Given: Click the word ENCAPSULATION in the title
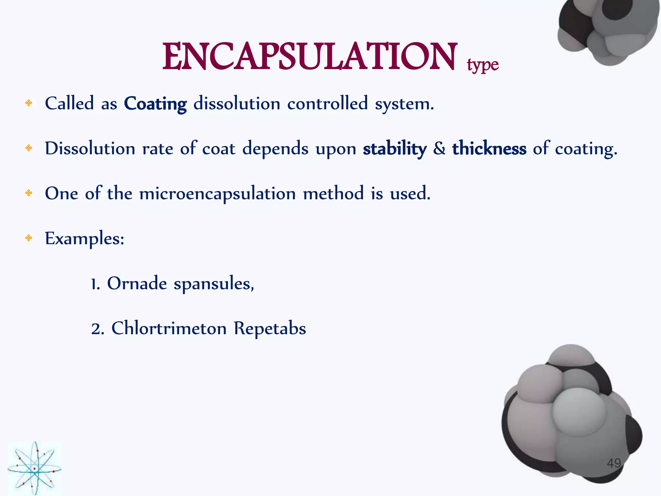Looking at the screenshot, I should tap(310, 57).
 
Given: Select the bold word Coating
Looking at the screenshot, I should tap(155, 104).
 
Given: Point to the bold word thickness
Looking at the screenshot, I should tap(489, 149).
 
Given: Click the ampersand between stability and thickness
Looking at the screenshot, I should tap(439, 149).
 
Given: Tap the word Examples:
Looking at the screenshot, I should tap(85, 239).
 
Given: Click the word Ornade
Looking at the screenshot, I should tap(137, 284).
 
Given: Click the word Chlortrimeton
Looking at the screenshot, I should tap(169, 328).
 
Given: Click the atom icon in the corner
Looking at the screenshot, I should tap(34, 468).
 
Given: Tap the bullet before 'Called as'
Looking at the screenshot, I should tap(29, 103).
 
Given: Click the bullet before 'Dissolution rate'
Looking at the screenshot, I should tap(29, 148).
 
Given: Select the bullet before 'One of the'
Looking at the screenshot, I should tap(29, 193).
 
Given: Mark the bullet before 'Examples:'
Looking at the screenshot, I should tap(29, 238).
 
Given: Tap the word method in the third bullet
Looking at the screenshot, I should tap(333, 194).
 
